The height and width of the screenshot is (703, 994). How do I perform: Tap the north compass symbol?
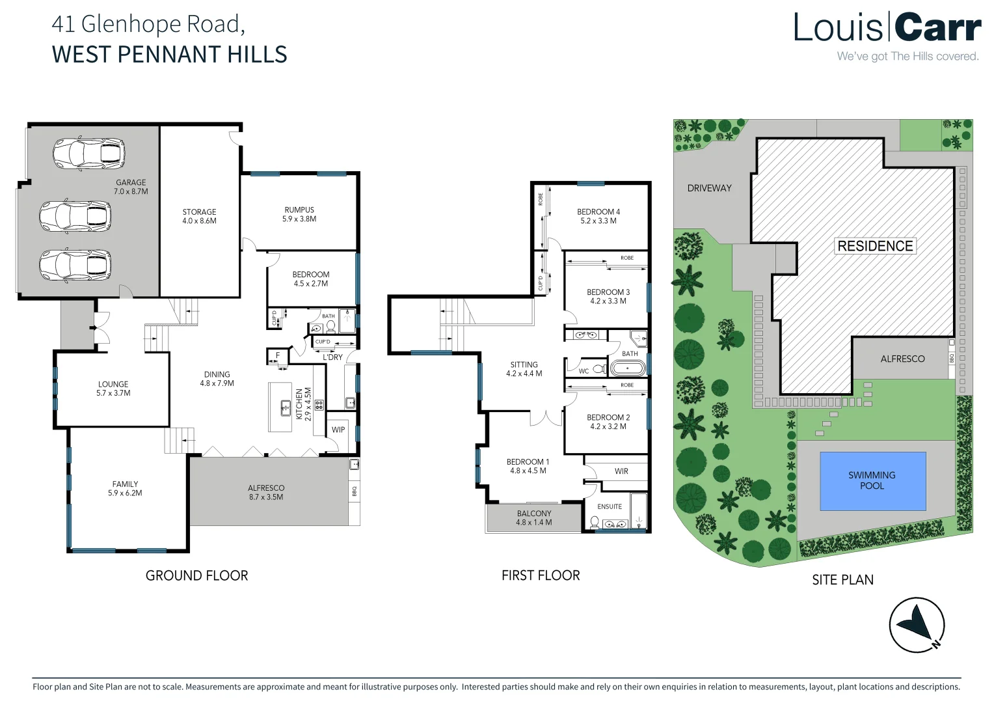[x=917, y=624]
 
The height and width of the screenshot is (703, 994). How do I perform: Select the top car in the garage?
[x=88, y=153]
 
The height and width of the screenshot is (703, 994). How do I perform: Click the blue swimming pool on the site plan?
[x=872, y=481]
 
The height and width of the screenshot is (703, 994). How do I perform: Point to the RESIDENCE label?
[x=875, y=246]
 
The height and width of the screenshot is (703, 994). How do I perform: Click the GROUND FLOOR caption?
[x=196, y=575]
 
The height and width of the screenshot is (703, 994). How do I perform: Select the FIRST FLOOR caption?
[x=541, y=575]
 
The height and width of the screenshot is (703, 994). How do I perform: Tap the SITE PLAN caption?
[x=842, y=579]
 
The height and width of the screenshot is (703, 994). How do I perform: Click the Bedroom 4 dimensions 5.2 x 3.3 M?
[x=598, y=221]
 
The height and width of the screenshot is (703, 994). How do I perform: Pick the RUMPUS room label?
[x=299, y=210]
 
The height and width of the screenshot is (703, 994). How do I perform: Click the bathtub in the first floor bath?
[x=627, y=368]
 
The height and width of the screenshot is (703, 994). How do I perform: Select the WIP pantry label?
[x=338, y=430]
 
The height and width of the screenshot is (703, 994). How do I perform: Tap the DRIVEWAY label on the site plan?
[x=709, y=188]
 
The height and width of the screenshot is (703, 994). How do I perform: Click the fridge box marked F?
[x=278, y=355]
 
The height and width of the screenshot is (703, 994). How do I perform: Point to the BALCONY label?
[x=534, y=514]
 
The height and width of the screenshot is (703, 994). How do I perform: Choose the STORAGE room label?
[x=199, y=212]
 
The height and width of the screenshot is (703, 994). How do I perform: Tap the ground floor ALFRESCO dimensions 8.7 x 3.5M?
[x=266, y=497]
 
